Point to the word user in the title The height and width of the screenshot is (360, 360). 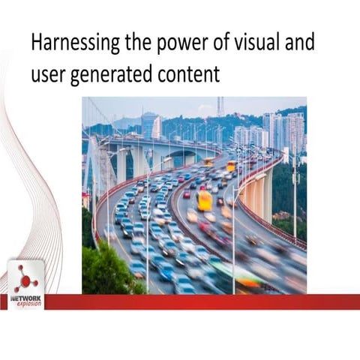48,75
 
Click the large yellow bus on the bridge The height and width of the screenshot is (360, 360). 204,200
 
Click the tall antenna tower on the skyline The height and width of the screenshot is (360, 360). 220,106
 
